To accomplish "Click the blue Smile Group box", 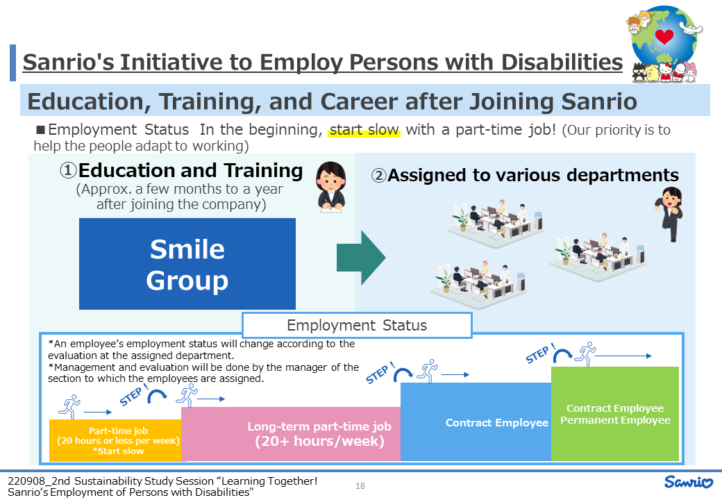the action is tap(187, 264).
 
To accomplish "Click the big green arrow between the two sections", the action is tap(361, 258).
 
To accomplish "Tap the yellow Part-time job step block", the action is tap(115, 440).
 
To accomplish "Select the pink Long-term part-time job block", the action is tap(291, 434).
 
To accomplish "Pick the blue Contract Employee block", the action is tap(476, 422).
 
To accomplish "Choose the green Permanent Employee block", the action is tap(615, 413).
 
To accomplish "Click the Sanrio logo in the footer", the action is tap(689, 482).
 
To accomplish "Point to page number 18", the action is tap(360, 485).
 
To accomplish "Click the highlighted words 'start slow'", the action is tap(364, 130).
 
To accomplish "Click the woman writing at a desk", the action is tap(330, 187).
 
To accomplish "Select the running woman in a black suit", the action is tap(669, 214).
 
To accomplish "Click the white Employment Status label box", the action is tap(357, 325).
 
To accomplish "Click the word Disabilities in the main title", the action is tap(562, 62).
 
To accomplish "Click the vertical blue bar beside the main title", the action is tap(13, 62).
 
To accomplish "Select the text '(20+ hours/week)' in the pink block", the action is tap(319, 441).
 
